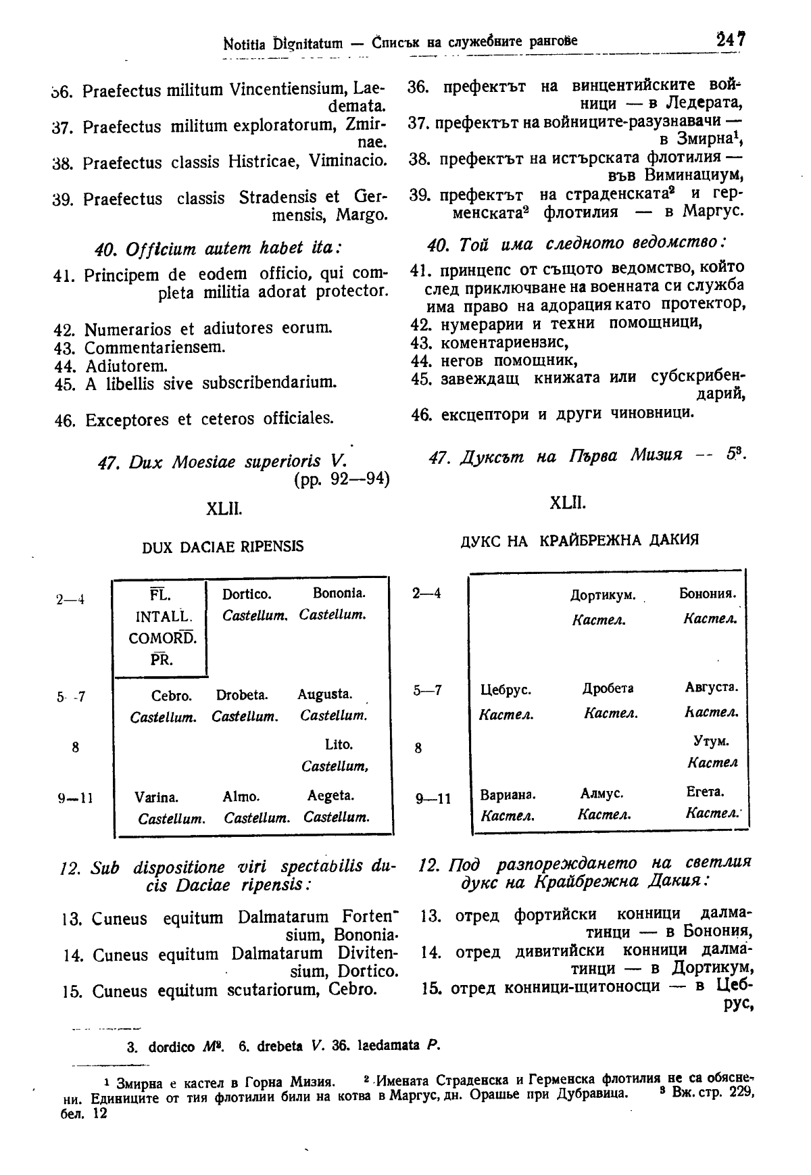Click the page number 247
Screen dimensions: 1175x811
click(731, 40)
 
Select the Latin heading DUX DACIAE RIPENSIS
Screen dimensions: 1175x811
click(223, 546)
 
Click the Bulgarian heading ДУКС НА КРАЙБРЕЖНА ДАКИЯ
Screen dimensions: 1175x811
click(579, 540)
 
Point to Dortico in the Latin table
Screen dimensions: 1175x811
click(247, 594)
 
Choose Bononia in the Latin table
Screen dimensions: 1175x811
click(339, 594)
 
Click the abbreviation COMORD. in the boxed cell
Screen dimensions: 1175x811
click(162, 638)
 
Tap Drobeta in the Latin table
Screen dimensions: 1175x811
click(242, 695)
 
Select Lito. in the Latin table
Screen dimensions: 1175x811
click(339, 745)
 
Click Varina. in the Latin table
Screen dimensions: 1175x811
click(157, 798)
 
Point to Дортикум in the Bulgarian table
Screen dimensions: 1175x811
click(603, 596)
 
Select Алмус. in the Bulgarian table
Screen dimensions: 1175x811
click(601, 792)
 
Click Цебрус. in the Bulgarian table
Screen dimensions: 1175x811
click(506, 691)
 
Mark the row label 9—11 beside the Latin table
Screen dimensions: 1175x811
click(75, 798)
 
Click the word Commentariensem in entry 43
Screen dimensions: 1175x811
click(155, 347)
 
